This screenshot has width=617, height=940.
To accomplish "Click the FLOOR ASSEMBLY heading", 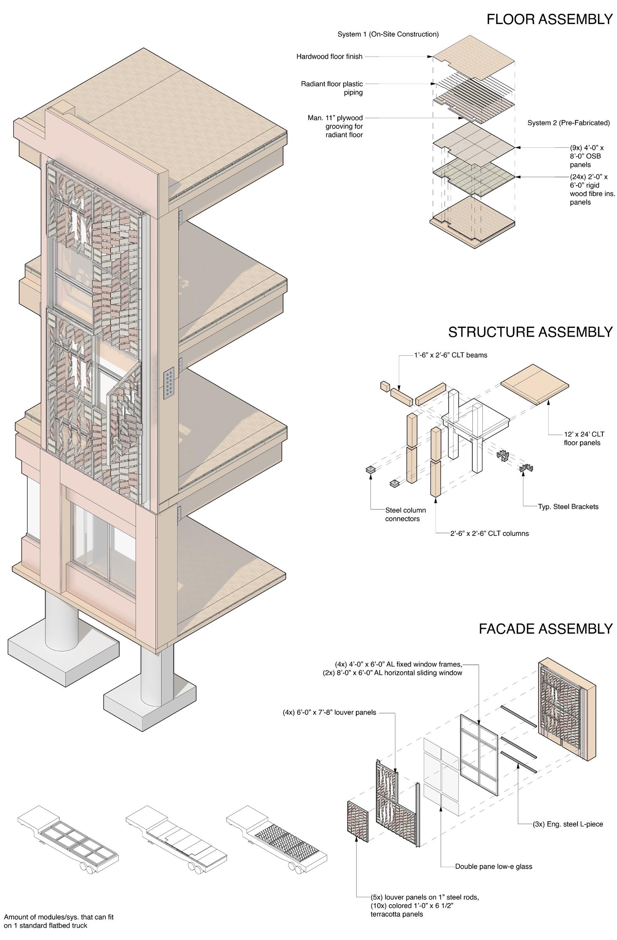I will [x=549, y=20].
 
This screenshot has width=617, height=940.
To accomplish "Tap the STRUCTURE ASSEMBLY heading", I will [x=530, y=332].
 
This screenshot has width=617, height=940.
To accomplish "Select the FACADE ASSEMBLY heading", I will [x=545, y=629].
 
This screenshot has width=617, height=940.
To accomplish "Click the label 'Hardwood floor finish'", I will [x=329, y=57].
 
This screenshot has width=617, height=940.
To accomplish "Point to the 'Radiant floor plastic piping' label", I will [x=332, y=88].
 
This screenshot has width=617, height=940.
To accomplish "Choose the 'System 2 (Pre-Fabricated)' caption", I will [x=568, y=123].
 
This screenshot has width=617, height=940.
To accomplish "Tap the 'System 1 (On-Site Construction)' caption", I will [x=388, y=34].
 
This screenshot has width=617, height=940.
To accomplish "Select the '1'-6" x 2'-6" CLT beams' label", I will [x=450, y=355].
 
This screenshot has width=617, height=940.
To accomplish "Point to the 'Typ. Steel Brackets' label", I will [x=568, y=506].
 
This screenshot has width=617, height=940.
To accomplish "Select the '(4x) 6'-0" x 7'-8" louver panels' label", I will [x=329, y=712].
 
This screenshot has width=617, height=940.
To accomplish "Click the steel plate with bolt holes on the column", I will [x=169, y=384].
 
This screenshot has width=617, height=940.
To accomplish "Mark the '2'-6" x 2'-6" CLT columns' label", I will [x=489, y=533].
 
